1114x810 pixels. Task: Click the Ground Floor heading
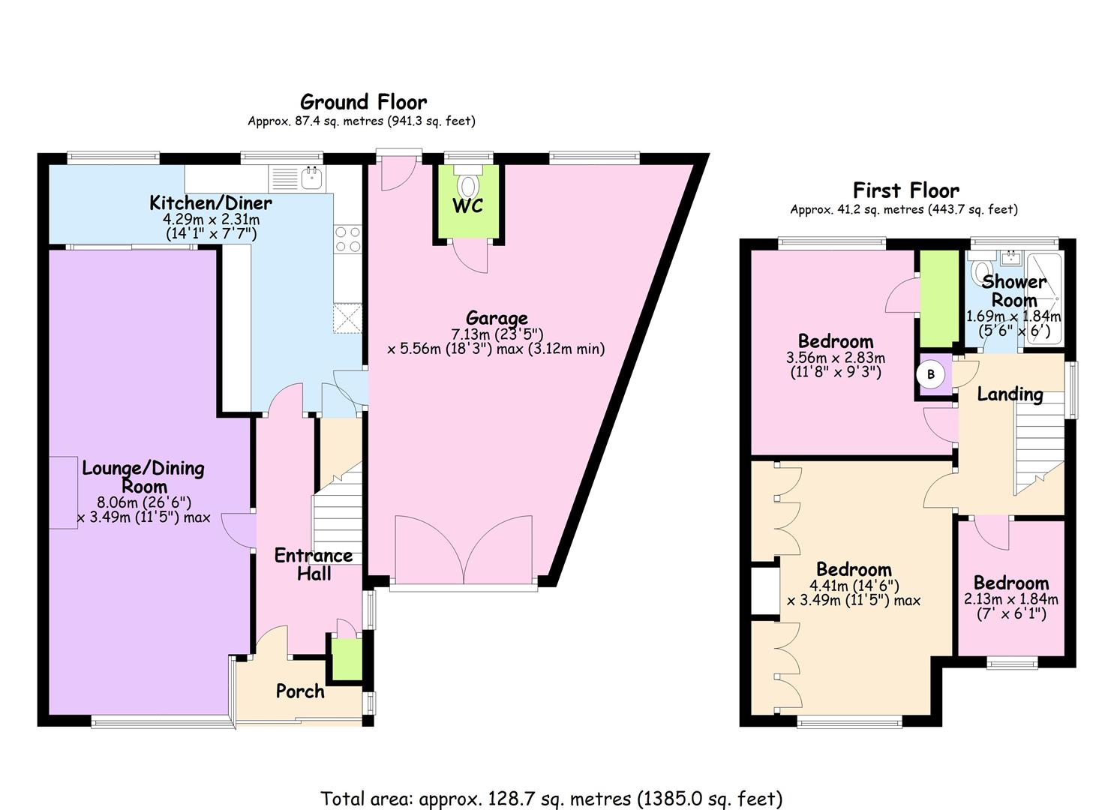(363, 102)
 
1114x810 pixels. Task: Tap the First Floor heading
(906, 190)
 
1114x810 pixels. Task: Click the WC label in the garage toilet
(467, 205)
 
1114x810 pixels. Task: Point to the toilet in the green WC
(468, 183)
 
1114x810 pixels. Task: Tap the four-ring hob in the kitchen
(347, 239)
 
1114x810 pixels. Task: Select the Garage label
(497, 318)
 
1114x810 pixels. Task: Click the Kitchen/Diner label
(210, 202)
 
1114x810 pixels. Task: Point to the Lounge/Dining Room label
(143, 477)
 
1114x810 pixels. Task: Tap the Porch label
(300, 691)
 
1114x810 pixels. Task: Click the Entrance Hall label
(314, 564)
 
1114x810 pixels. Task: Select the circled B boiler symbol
(931, 374)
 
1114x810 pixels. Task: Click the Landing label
(1010, 394)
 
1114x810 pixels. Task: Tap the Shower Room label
(1014, 291)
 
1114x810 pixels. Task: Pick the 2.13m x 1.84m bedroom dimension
(1010, 599)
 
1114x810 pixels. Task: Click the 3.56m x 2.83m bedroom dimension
(836, 358)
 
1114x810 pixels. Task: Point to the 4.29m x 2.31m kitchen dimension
(211, 219)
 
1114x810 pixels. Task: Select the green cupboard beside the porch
(347, 659)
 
